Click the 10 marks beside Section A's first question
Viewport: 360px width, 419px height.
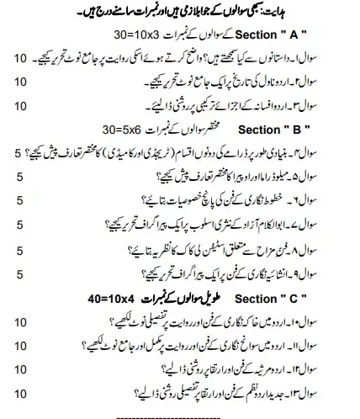click(21, 59)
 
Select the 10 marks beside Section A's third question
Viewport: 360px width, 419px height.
click(21, 106)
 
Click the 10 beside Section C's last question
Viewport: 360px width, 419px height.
click(21, 391)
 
